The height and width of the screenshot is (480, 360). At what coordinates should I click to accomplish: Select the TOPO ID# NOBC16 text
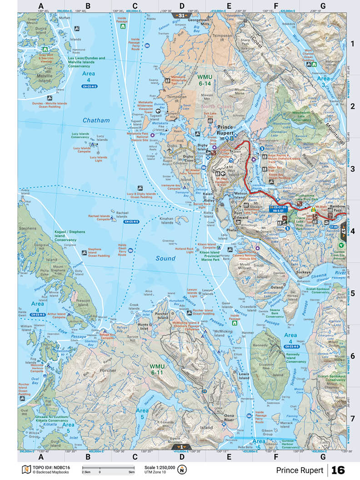tap(50, 467)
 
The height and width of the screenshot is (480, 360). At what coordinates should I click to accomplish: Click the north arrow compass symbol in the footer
tap(183, 470)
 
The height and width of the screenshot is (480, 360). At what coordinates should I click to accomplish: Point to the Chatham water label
tap(96, 120)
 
